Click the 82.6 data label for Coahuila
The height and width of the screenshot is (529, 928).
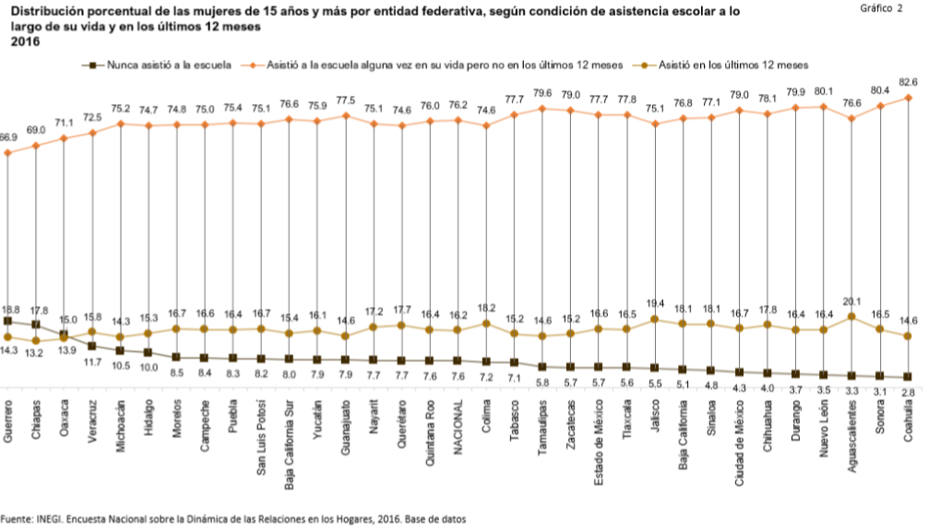908,83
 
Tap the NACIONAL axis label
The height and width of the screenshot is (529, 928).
458,427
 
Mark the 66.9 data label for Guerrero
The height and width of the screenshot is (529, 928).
8,137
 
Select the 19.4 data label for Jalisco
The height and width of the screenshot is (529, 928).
655,303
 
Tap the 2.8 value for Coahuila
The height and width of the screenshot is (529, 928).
908,392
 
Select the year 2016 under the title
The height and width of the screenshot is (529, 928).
21,41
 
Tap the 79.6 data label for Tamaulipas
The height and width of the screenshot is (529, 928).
542,93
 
